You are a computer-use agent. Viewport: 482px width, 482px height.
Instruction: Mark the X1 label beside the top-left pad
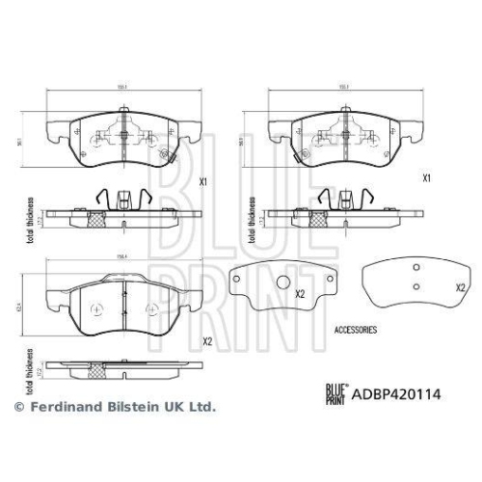pos(203,181)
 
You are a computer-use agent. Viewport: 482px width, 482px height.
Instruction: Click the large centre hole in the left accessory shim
pos(284,282)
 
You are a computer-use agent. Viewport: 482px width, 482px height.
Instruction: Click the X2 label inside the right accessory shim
pos(460,287)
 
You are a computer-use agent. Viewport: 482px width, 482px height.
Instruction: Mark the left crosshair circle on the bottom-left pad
pos(94,308)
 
